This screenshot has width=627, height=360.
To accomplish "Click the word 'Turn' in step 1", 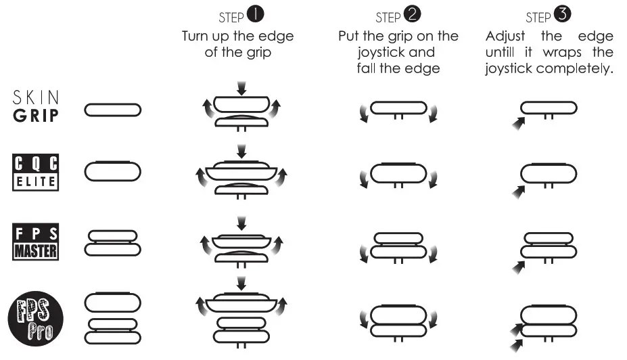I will click(x=196, y=36).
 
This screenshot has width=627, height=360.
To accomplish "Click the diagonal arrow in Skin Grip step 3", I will click(x=519, y=124).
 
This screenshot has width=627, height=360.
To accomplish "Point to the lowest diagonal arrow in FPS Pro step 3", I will click(x=518, y=346).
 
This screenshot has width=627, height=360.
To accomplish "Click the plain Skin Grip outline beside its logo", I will click(x=112, y=109).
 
